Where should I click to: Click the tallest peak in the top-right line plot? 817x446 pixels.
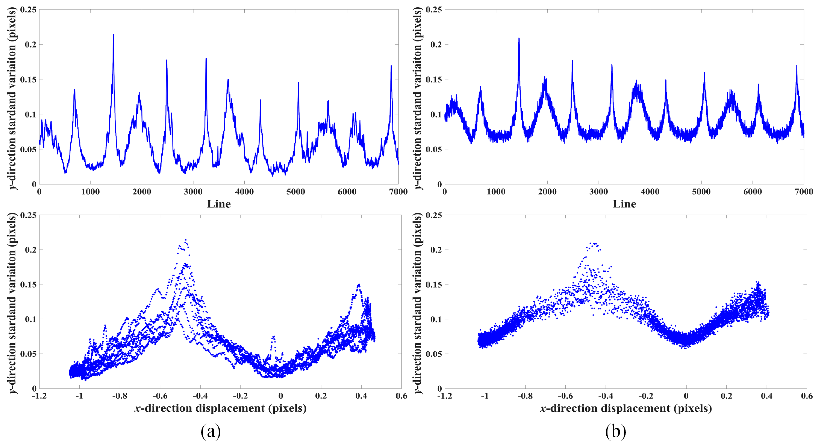click(519, 38)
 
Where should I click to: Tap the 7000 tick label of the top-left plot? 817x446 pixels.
click(398, 192)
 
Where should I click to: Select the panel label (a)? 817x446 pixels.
click(211, 432)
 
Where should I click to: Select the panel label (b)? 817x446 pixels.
click(615, 432)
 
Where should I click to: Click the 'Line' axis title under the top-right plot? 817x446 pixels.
click(624, 204)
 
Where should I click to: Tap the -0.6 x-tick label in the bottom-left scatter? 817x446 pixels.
click(160, 396)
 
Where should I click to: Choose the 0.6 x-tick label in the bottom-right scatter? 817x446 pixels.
click(807, 396)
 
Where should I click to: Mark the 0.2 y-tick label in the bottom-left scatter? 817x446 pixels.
click(31, 250)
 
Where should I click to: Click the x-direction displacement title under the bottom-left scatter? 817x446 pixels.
click(220, 408)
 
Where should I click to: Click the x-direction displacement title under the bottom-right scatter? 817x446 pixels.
click(625, 408)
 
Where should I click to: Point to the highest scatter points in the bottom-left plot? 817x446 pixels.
click(186, 241)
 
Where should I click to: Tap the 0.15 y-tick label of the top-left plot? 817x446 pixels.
click(28, 79)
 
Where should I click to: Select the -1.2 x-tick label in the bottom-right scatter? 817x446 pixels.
click(444, 396)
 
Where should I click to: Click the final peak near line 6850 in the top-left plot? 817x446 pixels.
click(391, 66)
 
